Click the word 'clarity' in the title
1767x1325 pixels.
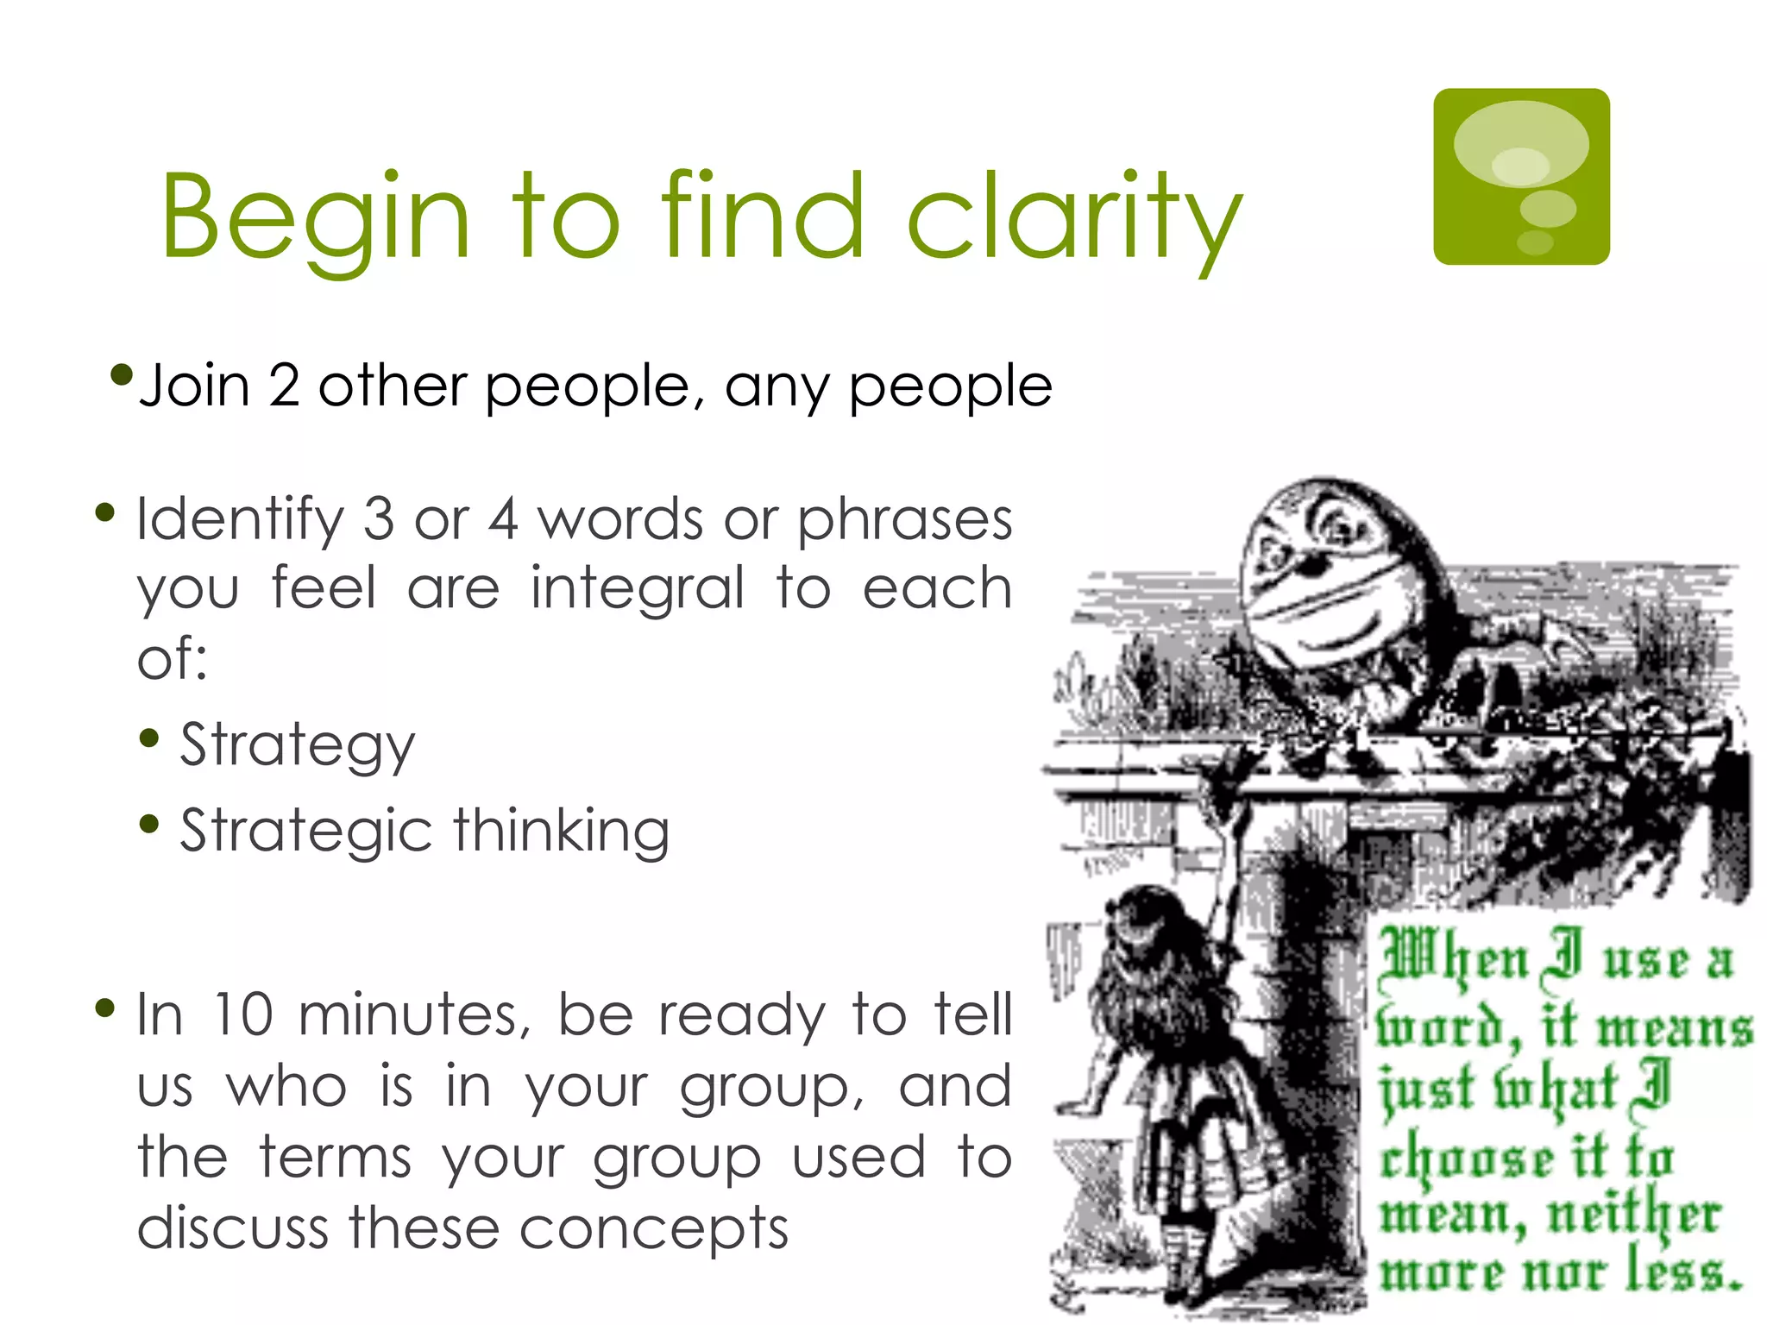pos(1074,216)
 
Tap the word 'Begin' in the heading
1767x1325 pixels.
pos(315,216)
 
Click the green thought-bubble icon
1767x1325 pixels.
pos(1521,177)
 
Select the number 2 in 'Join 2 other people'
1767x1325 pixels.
pos(284,386)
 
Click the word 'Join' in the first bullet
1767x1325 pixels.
pos(194,386)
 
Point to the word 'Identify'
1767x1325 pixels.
pos(240,520)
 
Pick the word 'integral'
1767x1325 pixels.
pos(637,589)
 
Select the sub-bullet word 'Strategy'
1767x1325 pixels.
pos(298,744)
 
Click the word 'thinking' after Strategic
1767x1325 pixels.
pos(562,831)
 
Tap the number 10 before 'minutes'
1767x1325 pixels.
pos(243,1014)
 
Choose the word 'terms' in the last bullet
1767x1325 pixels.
pos(336,1157)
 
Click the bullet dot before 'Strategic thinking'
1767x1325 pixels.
pos(149,825)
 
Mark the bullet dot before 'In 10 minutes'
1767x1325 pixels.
pos(105,1008)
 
